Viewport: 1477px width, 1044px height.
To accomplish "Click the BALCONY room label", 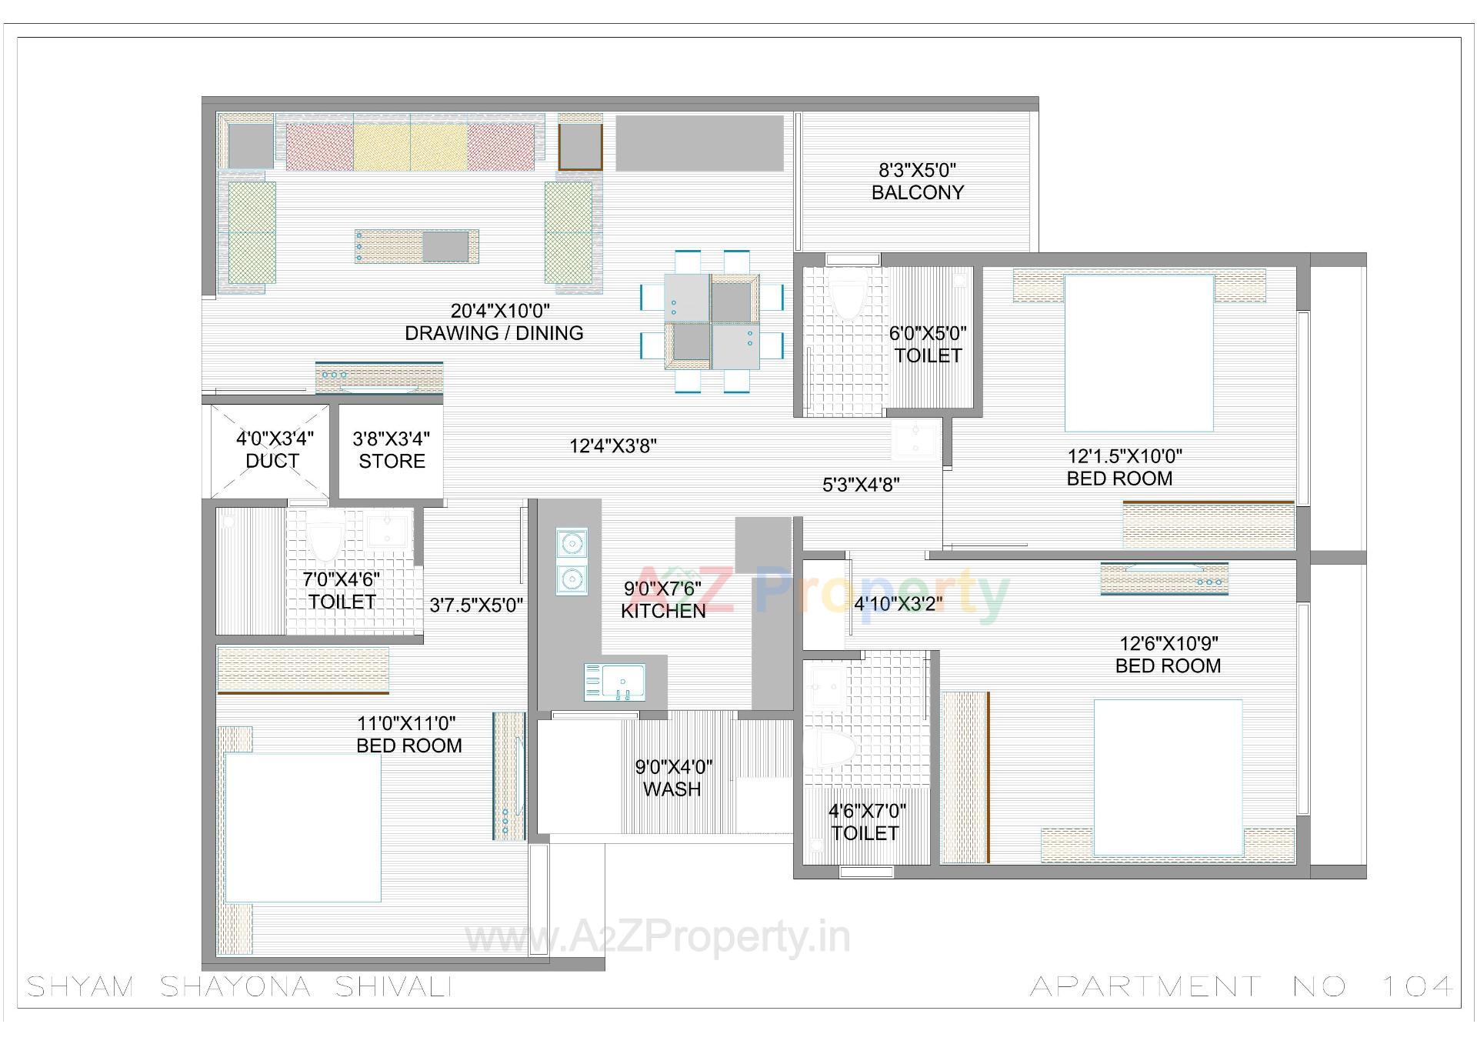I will pos(917,192).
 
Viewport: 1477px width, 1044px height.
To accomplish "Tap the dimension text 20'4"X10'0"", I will pos(500,311).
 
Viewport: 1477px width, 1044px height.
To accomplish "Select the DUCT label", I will pos(272,461).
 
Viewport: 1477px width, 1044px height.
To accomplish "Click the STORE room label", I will pos(392,461).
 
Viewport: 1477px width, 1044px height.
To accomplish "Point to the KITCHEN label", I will pos(663,611).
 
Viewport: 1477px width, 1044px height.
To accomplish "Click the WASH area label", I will pos(672,789).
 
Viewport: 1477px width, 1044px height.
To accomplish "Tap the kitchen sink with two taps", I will pos(615,682).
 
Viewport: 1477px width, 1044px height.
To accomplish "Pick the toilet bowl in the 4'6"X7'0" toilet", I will pos(833,749).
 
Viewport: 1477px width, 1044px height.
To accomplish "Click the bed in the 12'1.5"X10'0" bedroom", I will pos(1139,352).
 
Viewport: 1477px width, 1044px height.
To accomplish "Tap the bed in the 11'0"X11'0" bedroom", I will pos(302,827).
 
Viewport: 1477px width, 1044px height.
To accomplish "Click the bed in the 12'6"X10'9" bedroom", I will pos(1168,777).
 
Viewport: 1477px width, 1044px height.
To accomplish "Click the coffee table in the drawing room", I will pos(416,246).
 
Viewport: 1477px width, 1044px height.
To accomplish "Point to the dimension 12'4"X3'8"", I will pos(612,446).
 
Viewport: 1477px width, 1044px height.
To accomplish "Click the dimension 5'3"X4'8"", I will pos(861,485).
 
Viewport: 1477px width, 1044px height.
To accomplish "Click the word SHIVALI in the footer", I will pos(393,986).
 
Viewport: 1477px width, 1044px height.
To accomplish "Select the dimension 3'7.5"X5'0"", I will pos(476,605).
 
